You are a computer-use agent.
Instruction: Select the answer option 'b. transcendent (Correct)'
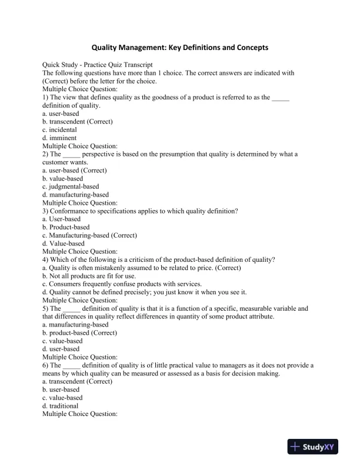click(77, 122)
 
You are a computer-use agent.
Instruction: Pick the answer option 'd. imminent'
click(59, 138)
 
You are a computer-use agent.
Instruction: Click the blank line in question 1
click(281, 98)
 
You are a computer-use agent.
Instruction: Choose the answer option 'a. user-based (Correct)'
click(74, 171)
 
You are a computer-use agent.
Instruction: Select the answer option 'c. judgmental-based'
click(71, 187)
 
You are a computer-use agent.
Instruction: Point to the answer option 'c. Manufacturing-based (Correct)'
click(89, 235)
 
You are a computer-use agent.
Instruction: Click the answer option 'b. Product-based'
click(66, 227)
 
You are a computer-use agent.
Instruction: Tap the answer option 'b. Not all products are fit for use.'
click(89, 276)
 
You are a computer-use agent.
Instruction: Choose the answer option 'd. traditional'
click(60, 405)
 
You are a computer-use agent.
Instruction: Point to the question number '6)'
click(46, 365)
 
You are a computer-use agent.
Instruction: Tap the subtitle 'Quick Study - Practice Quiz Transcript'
click(98, 65)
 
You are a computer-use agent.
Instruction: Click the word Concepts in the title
click(253, 47)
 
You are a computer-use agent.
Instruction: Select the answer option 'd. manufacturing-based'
click(75, 195)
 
